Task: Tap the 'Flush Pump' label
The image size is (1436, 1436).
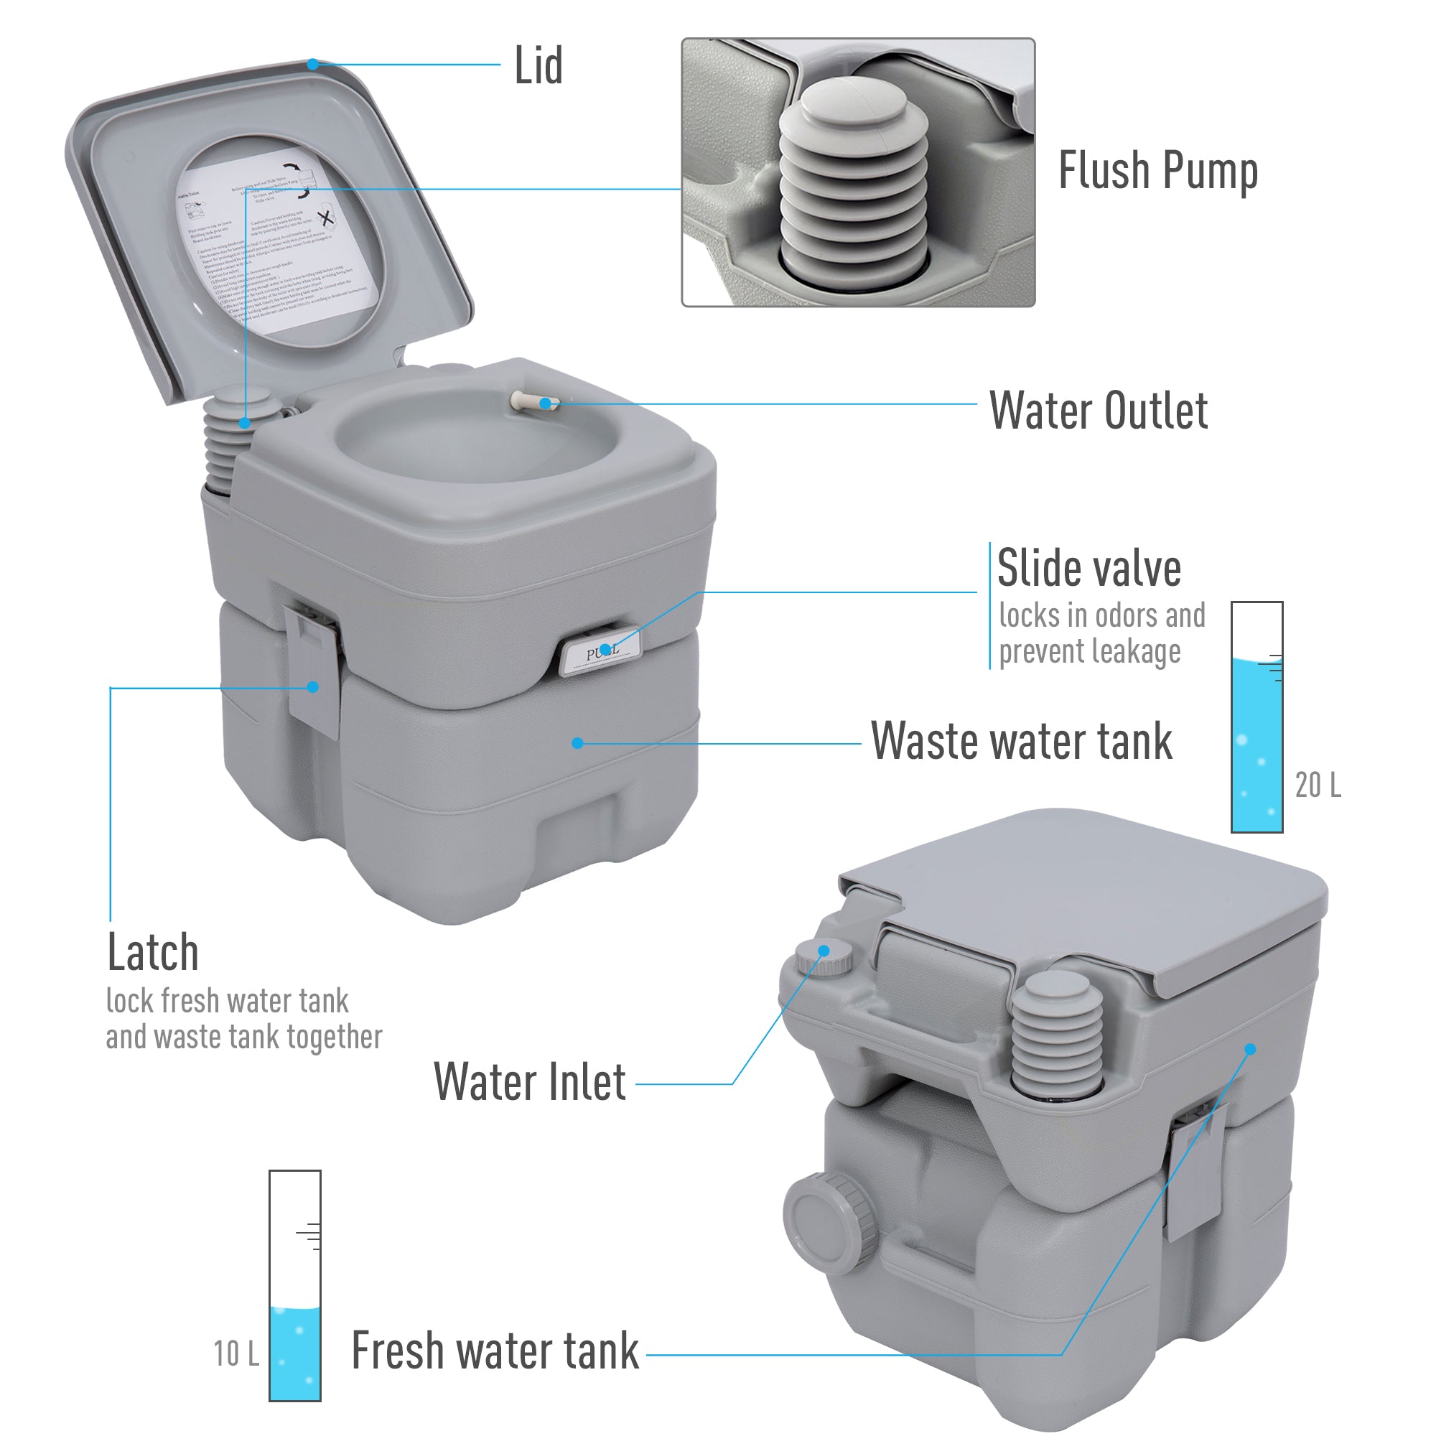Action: point(1157,172)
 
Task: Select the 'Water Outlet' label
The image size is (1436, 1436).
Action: point(1098,410)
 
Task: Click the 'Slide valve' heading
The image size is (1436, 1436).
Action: point(1088,569)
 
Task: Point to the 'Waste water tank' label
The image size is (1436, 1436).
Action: point(1020,741)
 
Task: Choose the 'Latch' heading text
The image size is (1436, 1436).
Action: point(153,953)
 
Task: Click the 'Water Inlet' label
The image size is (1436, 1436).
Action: point(529,1082)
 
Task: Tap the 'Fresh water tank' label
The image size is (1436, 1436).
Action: point(494,1351)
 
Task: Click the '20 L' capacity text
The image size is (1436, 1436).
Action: point(1317,785)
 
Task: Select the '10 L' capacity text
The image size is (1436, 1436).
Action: point(236,1353)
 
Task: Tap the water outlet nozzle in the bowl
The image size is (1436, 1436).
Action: point(532,402)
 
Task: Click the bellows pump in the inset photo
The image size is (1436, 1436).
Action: point(854,186)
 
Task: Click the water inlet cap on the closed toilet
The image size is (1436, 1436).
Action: point(824,956)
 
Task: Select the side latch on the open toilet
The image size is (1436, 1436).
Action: point(313,668)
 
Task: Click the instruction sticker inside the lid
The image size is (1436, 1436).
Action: point(275,246)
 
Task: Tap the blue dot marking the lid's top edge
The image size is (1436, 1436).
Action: point(313,65)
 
